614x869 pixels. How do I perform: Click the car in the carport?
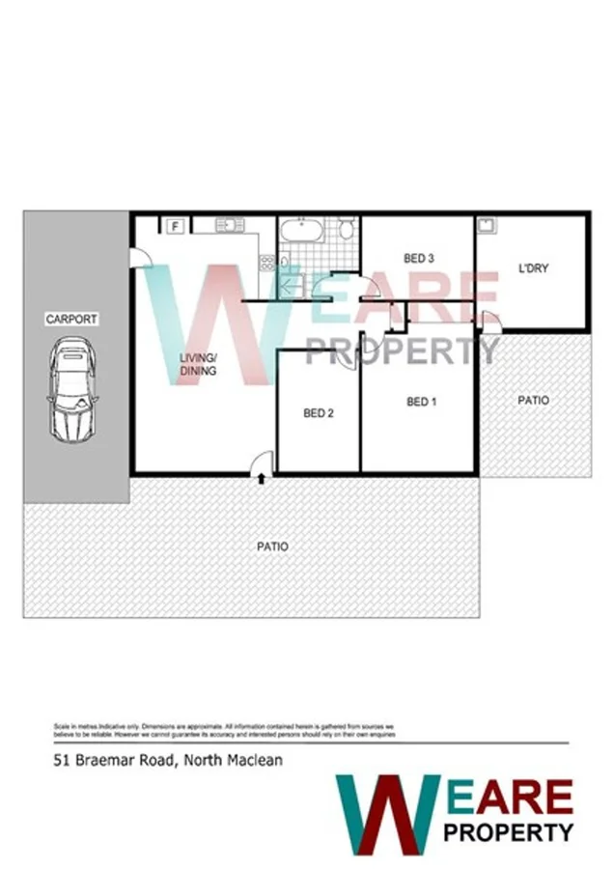point(73,387)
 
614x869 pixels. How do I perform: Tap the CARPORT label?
point(71,319)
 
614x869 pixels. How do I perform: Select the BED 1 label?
point(421,402)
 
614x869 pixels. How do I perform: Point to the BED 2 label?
point(318,413)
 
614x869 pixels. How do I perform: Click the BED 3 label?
point(418,258)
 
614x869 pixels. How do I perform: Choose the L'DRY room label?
point(533,267)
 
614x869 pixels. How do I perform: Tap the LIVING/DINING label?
point(198,364)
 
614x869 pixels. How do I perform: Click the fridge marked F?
point(176,226)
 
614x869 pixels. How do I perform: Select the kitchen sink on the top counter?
point(229,225)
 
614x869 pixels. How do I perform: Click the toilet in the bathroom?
point(347,230)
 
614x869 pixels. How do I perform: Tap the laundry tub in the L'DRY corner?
point(487,226)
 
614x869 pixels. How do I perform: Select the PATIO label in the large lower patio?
point(272,547)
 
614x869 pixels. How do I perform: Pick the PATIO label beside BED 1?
point(533,400)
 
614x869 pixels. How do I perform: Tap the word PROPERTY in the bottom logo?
point(508,830)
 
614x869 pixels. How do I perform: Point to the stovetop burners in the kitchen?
point(266,262)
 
